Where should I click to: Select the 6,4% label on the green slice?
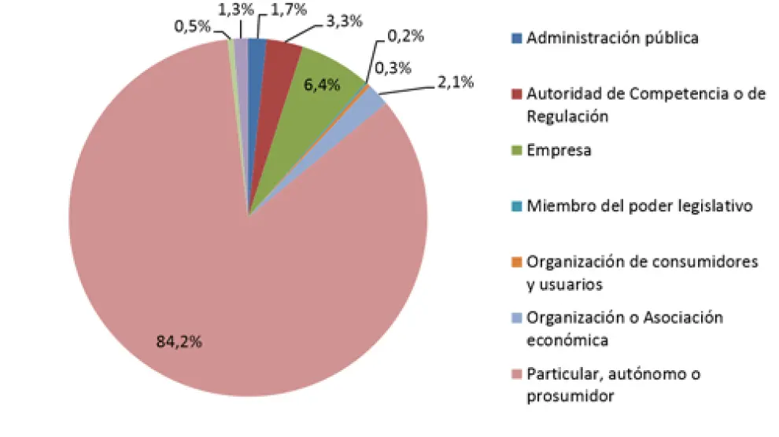pos(322,84)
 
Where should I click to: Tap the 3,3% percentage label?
pos(343,21)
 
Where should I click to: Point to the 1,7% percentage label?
pos(288,11)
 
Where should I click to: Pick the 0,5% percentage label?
pos(193,26)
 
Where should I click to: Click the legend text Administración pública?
pos(612,37)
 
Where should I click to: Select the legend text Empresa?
pos(559,149)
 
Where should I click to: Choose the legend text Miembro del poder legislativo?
pos(641,206)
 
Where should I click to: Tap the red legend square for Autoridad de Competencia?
pos(516,94)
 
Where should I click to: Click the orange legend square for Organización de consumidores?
pos(516,263)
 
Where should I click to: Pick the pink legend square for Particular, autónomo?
pos(516,375)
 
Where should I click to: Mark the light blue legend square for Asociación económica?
pos(516,318)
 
